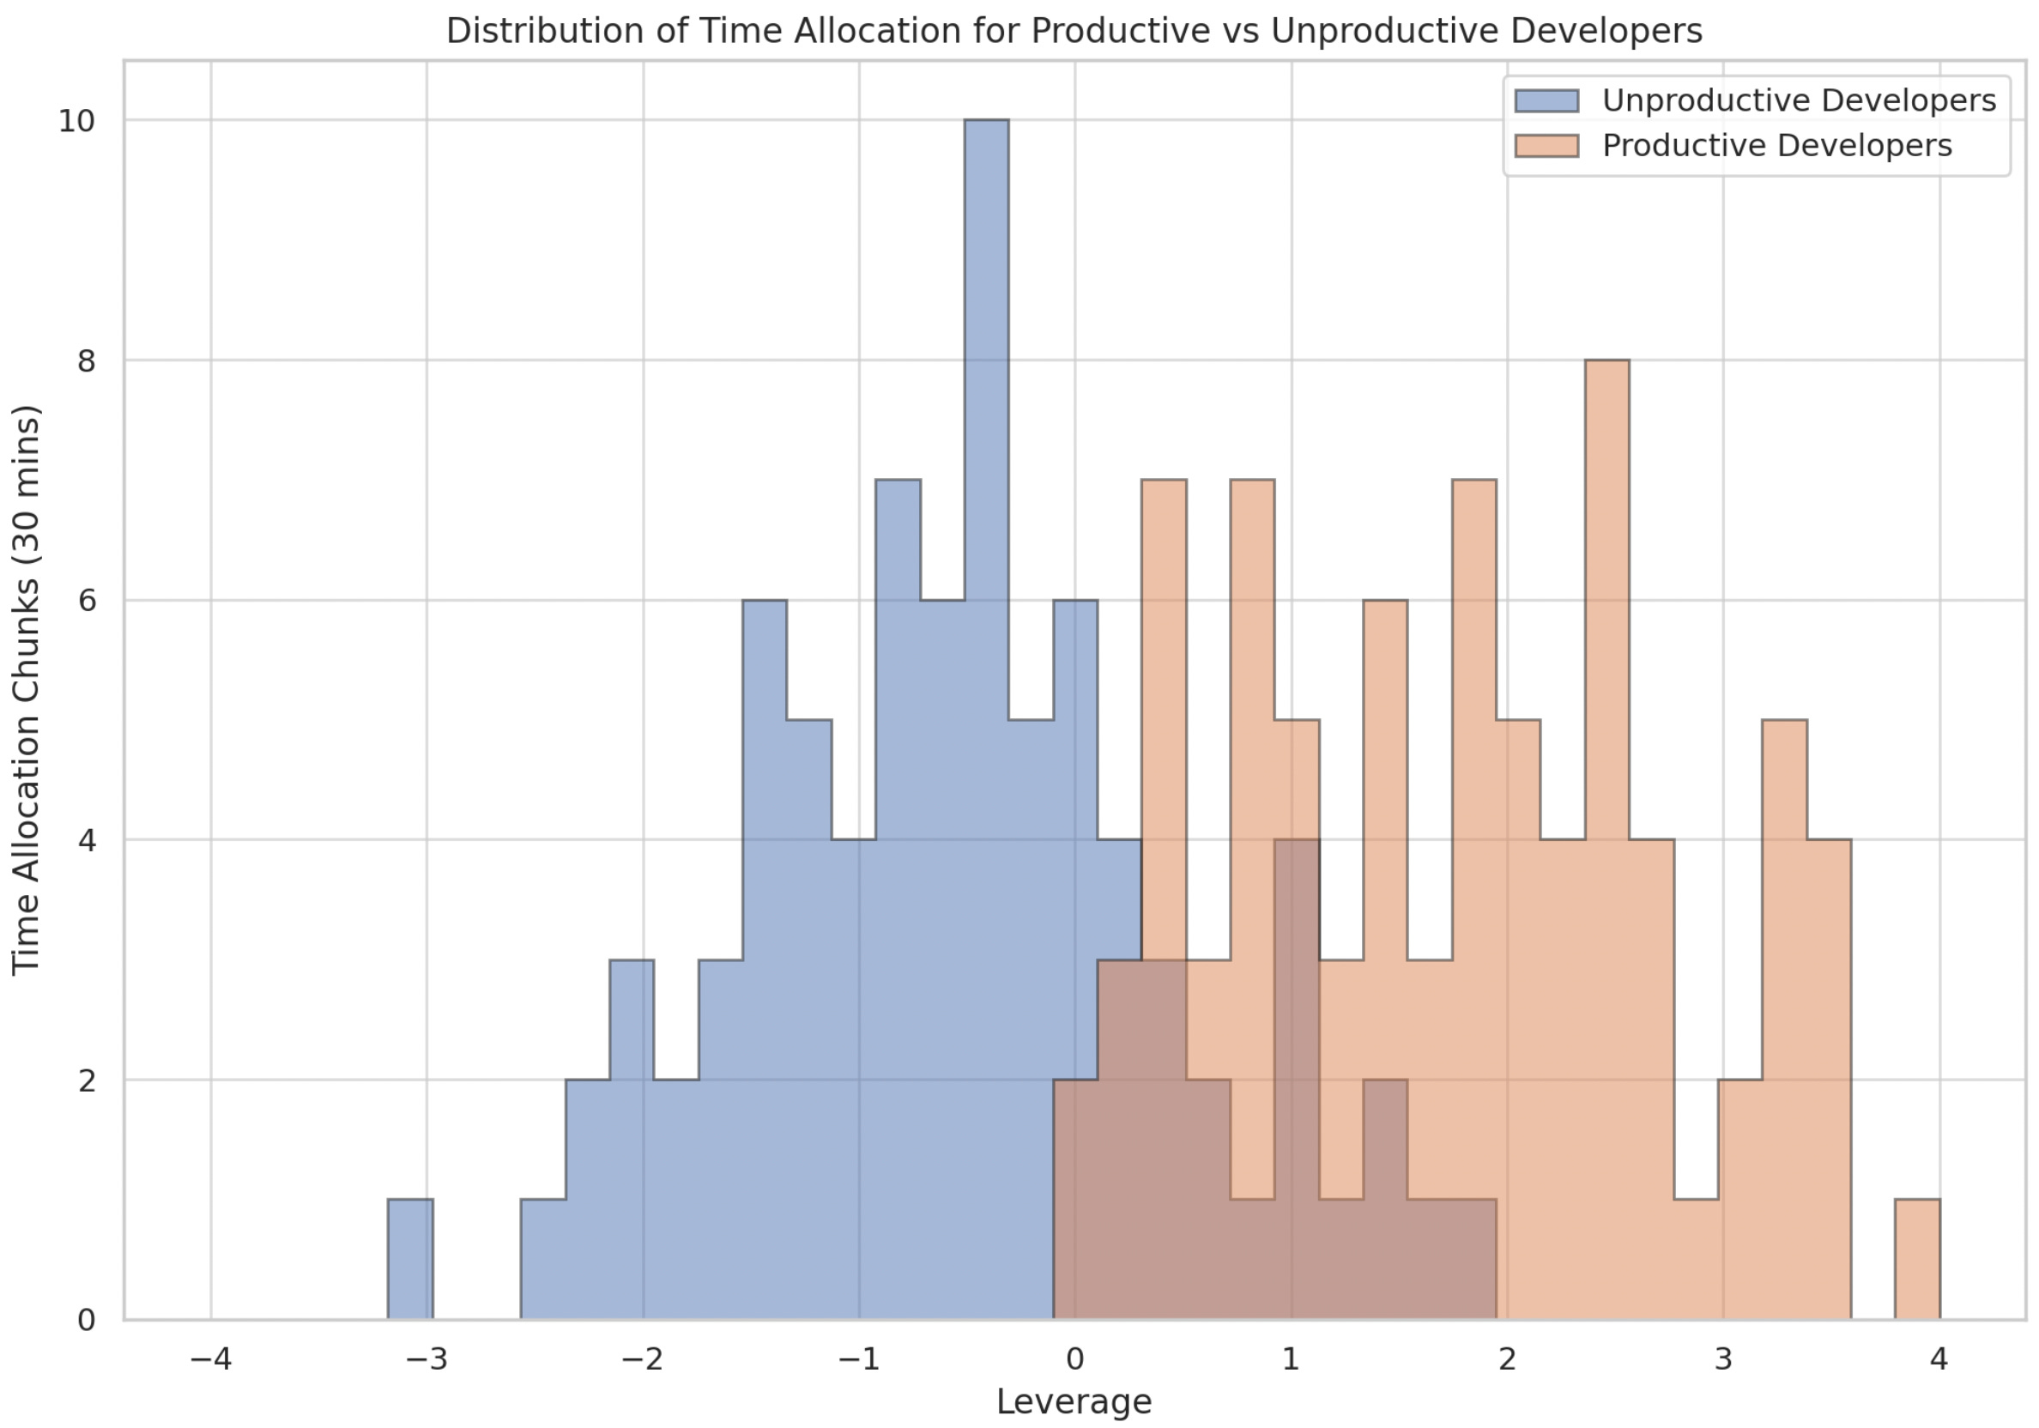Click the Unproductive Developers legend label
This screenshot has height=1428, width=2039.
(1800, 100)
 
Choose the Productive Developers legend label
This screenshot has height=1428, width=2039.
(1777, 146)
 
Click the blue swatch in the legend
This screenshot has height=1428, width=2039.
(1546, 100)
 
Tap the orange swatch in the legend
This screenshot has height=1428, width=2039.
(1546, 146)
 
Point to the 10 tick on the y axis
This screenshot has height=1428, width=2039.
(76, 121)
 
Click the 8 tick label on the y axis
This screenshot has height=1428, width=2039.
(86, 361)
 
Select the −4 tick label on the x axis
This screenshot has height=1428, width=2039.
(210, 1358)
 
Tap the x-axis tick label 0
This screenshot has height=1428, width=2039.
(1074, 1358)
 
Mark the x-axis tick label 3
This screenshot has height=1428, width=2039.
(1723, 1358)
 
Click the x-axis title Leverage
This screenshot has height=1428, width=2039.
(1074, 1402)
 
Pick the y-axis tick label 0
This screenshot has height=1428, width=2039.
(86, 1321)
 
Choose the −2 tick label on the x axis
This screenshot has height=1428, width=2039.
(642, 1358)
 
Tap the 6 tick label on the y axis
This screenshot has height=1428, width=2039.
(86, 602)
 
